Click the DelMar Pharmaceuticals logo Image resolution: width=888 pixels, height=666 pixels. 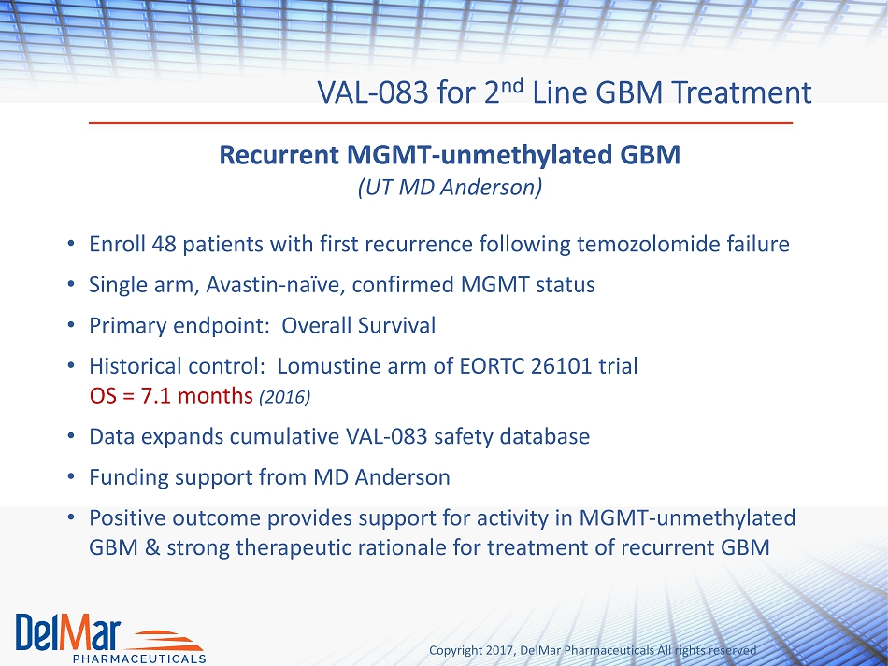click(110, 638)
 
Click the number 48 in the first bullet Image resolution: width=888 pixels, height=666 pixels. click(164, 245)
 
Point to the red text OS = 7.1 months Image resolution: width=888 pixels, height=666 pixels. click(171, 396)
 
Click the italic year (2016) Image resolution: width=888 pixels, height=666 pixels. click(285, 397)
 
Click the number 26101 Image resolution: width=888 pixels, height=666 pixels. click(561, 366)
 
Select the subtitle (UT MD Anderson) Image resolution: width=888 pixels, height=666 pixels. click(451, 188)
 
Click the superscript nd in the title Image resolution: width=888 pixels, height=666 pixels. click(511, 85)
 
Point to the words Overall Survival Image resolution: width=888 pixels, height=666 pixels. click(359, 325)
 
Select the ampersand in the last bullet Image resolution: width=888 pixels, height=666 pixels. click(152, 547)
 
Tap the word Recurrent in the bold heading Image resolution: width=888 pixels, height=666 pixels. click(279, 154)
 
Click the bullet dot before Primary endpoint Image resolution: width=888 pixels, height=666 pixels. click(71, 325)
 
